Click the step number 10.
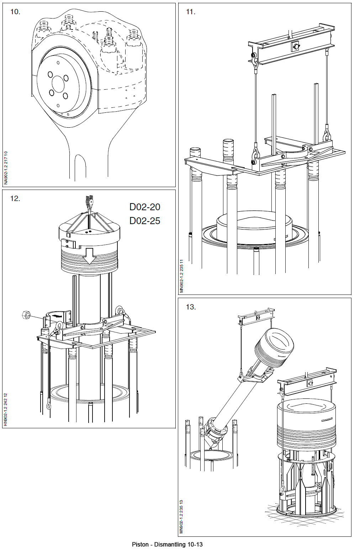pyautogui.click(x=15, y=12)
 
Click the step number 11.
pyautogui.click(x=191, y=12)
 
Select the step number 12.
pyautogui.click(x=15, y=198)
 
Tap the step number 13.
pyautogui.click(x=191, y=307)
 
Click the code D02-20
pyautogui.click(x=145, y=207)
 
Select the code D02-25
pyautogui.click(x=145, y=221)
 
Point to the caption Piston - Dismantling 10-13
pyautogui.click(x=167, y=544)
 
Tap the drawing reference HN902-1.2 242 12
pyautogui.click(x=5, y=409)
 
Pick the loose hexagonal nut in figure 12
pyautogui.click(x=26, y=314)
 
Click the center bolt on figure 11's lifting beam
pyautogui.click(x=295, y=46)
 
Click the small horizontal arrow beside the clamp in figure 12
pyautogui.click(x=56, y=316)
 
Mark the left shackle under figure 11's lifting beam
pyautogui.click(x=255, y=60)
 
